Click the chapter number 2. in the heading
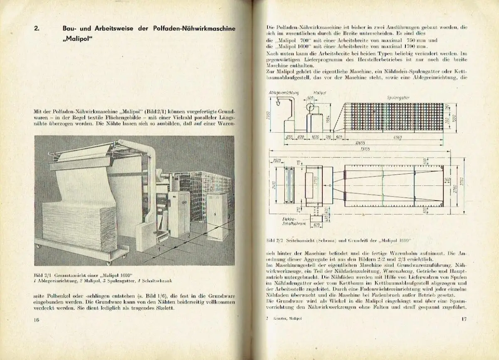[37, 29]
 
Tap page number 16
[37, 319]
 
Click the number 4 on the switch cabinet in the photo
[215, 214]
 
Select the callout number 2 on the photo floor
[188, 236]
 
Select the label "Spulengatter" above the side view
[400, 97]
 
